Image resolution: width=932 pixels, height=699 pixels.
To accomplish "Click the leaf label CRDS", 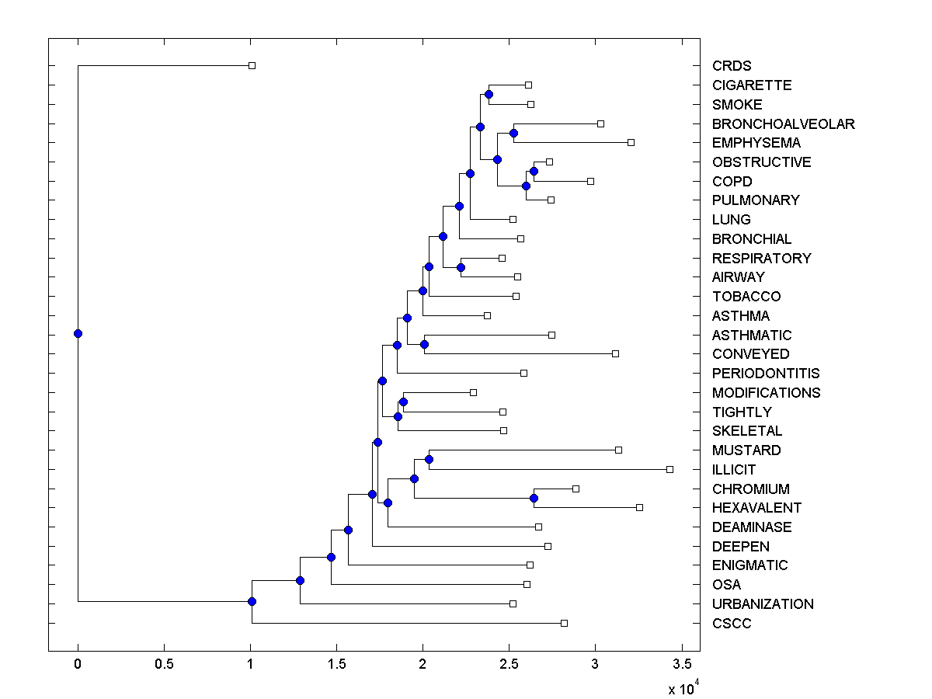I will click(732, 66).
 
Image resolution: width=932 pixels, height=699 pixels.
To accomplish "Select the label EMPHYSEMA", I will click(756, 143).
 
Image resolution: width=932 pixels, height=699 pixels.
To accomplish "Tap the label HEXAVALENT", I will click(756, 508).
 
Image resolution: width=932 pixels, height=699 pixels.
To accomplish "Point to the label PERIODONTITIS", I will click(766, 374).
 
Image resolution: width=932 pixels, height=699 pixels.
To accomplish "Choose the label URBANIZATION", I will click(763, 604).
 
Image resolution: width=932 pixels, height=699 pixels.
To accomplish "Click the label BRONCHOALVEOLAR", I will click(783, 124).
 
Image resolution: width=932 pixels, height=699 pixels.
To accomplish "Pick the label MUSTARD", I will click(746, 450).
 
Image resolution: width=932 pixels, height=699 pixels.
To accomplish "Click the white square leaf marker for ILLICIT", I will click(669, 469).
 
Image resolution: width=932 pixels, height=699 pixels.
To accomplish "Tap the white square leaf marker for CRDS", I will click(252, 65).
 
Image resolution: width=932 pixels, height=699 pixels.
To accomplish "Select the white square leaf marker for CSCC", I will click(564, 623).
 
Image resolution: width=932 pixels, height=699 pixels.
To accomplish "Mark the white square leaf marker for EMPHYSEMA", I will click(631, 142).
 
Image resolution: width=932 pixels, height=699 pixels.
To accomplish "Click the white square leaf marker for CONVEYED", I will click(615, 353).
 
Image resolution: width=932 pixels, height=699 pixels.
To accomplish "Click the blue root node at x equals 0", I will click(78, 334).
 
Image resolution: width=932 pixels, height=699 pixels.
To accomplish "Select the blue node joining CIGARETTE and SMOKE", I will click(489, 95).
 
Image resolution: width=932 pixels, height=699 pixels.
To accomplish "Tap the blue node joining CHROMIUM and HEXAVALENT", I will click(534, 498).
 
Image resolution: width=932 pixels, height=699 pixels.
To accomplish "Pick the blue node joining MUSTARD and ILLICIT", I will click(429, 460).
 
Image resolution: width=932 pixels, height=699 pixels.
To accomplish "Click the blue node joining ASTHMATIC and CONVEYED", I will click(424, 344).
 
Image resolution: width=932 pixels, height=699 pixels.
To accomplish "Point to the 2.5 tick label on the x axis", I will click(509, 664).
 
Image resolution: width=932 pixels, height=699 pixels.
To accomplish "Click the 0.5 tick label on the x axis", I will click(164, 664).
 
